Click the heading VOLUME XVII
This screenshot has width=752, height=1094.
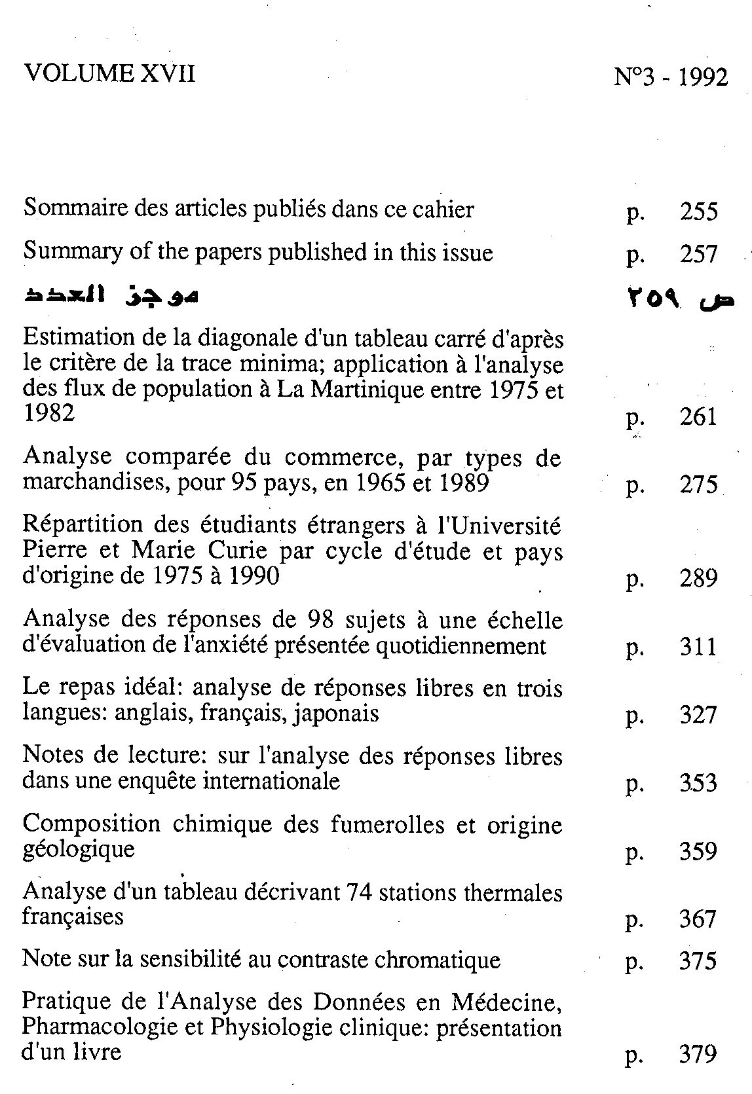tap(109, 73)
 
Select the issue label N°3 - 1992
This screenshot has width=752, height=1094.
tap(671, 77)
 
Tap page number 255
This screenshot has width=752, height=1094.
tap(698, 212)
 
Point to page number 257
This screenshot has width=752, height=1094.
tap(698, 255)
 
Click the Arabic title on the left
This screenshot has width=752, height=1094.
tap(111, 297)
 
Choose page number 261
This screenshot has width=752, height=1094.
tap(698, 416)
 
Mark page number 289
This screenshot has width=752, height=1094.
tap(698, 579)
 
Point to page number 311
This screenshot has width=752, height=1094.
tap(698, 647)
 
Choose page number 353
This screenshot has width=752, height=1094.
tap(698, 783)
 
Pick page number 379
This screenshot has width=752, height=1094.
tap(698, 1055)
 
